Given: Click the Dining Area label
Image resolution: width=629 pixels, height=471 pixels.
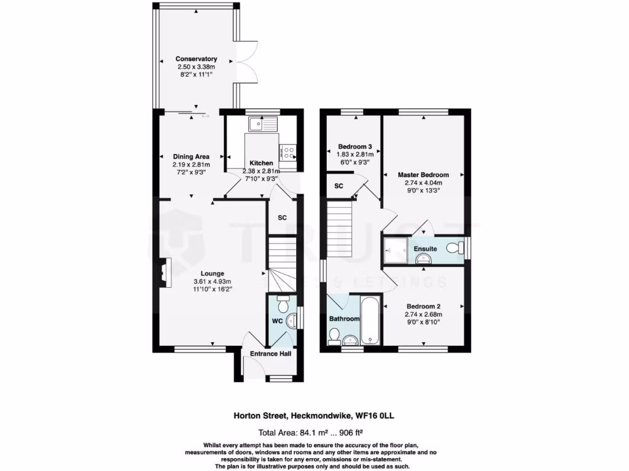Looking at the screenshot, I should (191, 156).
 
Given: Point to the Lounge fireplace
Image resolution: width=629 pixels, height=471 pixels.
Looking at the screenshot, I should (163, 270).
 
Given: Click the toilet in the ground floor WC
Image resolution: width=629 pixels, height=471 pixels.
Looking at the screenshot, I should (283, 304).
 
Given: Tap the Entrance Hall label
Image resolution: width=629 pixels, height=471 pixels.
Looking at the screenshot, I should (270, 354).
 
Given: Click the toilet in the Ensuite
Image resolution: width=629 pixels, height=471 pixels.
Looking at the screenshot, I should (454, 248).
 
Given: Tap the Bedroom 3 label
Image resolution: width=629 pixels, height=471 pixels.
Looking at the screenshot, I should (355, 147).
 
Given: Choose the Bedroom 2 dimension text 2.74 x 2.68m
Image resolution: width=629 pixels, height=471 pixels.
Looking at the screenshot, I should (423, 315).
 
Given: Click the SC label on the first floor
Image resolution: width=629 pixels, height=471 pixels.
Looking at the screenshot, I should (338, 186).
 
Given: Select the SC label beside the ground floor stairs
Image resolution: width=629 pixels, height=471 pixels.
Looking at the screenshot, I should (283, 218).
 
